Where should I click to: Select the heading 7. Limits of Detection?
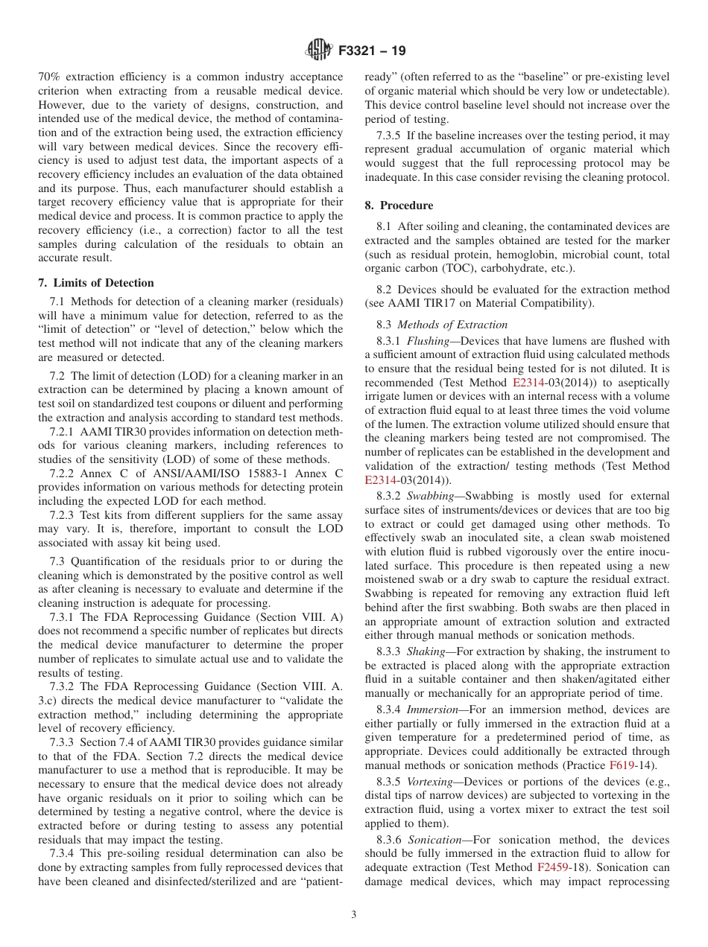pos(96,283)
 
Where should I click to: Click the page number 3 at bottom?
pos(354,914)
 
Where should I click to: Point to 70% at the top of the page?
pos(49,77)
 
